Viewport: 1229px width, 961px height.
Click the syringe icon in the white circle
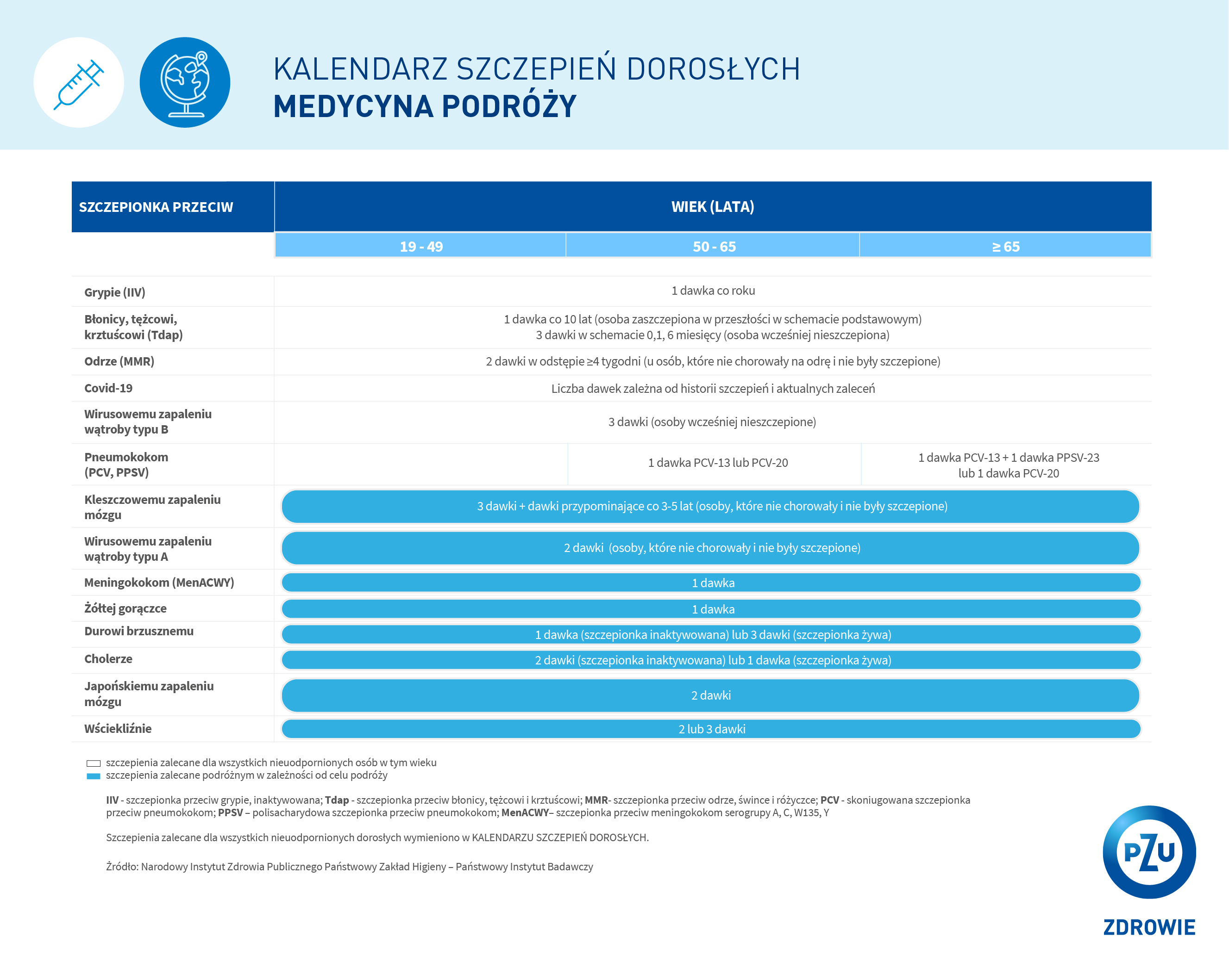pyautogui.click(x=79, y=83)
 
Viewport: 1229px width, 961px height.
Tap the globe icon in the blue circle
pyautogui.click(x=185, y=83)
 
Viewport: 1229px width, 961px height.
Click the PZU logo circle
pyautogui.click(x=1148, y=851)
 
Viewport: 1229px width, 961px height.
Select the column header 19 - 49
pyautogui.click(x=420, y=247)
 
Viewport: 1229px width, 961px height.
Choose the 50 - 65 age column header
pyautogui.click(x=714, y=247)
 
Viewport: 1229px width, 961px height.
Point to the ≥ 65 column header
pyautogui.click(x=1005, y=247)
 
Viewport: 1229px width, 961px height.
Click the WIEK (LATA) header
pyautogui.click(x=712, y=206)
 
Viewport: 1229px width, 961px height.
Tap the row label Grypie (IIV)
pyautogui.click(x=115, y=292)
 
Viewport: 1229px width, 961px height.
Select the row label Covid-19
pyautogui.click(x=108, y=388)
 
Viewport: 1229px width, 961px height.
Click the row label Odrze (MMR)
pyautogui.click(x=119, y=361)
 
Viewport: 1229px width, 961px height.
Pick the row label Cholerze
pyautogui.click(x=108, y=659)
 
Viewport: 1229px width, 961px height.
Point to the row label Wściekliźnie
pyautogui.click(x=118, y=729)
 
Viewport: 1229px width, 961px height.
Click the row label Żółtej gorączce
pyautogui.click(x=125, y=608)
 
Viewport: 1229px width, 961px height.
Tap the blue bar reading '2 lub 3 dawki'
pyautogui.click(x=711, y=729)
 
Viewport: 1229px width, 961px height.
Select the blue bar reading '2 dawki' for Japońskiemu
pyautogui.click(x=710, y=695)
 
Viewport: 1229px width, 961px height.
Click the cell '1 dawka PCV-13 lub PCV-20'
pyautogui.click(x=717, y=463)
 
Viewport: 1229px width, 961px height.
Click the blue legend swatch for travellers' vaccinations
pyautogui.click(x=94, y=776)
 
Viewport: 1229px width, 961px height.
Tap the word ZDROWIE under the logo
pyautogui.click(x=1149, y=927)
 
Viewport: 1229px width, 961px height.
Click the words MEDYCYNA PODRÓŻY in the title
pyautogui.click(x=425, y=106)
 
